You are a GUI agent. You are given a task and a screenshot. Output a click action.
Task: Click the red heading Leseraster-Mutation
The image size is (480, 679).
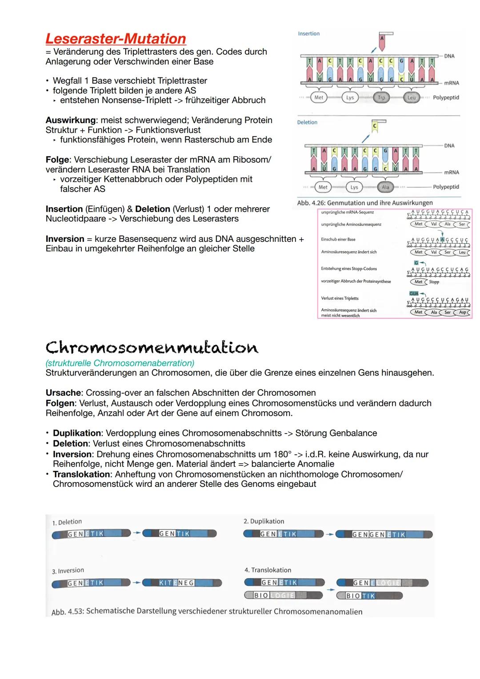click(x=116, y=39)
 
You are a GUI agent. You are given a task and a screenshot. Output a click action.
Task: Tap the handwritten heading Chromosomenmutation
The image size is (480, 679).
click(x=152, y=347)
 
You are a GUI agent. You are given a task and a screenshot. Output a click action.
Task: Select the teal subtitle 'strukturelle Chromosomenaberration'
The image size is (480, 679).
click(x=120, y=363)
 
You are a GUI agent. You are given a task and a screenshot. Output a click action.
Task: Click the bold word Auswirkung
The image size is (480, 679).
click(x=70, y=120)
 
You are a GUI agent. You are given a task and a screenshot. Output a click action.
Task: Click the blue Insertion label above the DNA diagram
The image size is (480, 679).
click(x=308, y=34)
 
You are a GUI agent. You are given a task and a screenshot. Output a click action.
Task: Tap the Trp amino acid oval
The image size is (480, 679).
click(x=381, y=97)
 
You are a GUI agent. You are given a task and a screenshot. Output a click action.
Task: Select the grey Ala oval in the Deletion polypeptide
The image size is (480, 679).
click(x=385, y=187)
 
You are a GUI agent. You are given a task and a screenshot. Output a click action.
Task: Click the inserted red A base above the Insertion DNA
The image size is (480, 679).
click(x=382, y=39)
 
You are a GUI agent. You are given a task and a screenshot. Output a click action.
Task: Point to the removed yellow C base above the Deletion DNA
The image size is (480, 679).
click(x=375, y=126)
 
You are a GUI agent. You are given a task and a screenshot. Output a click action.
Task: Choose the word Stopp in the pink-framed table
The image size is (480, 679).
click(x=434, y=282)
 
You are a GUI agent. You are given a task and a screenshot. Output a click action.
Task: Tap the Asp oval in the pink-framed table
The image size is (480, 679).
click(x=463, y=312)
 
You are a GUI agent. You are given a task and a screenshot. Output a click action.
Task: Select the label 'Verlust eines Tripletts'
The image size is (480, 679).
click(x=340, y=298)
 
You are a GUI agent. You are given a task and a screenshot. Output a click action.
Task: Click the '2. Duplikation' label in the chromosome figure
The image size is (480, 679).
click(x=264, y=521)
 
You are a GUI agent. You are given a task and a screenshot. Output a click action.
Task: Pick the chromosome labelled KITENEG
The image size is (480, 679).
click(x=182, y=583)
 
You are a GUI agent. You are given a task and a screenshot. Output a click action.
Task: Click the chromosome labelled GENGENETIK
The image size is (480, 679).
click(x=384, y=534)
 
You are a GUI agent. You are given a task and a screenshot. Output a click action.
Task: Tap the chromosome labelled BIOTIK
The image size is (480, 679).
click(x=369, y=595)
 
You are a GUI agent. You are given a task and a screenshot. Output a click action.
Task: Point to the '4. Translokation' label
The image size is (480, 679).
click(x=268, y=570)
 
